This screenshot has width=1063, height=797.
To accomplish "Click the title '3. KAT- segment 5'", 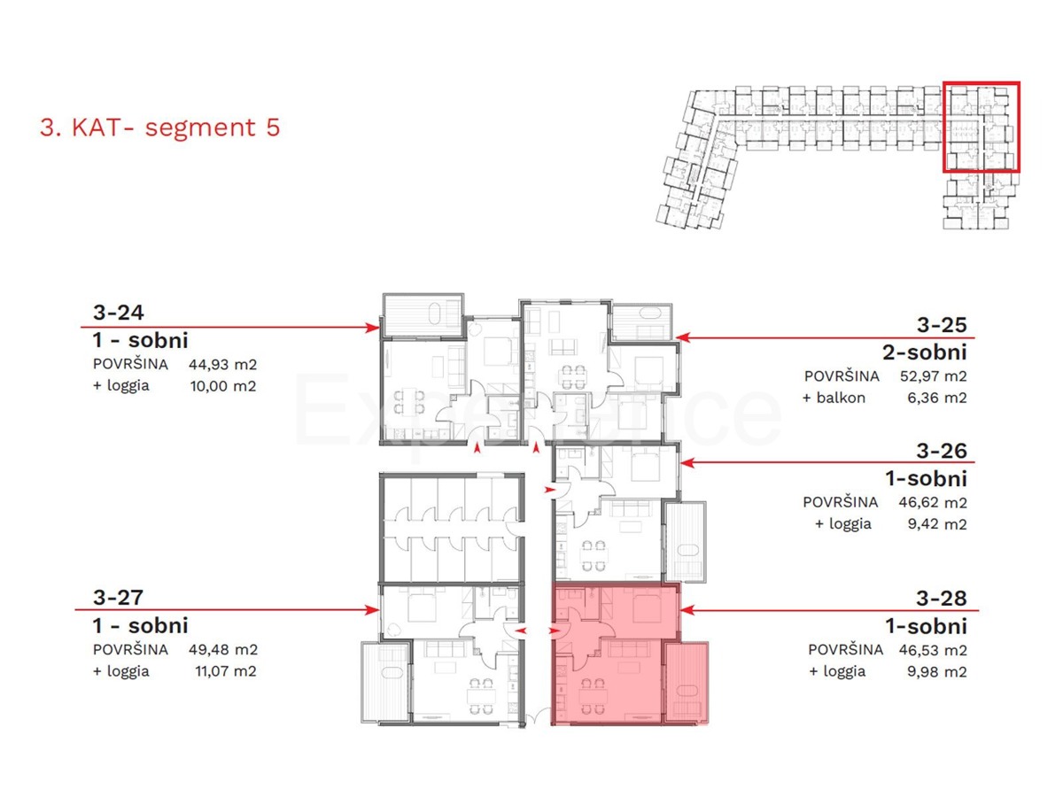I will (x=159, y=128).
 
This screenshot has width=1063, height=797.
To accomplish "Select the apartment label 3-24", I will (x=118, y=312).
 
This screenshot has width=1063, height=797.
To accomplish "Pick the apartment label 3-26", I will (x=942, y=451).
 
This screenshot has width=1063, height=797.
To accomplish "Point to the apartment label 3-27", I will (x=118, y=598).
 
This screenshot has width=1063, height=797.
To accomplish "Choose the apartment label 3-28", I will (x=942, y=598).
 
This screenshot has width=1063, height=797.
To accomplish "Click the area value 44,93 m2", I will (x=221, y=364).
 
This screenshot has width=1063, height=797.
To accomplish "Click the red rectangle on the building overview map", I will (x=982, y=126).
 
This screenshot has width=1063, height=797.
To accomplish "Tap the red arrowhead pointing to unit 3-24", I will (x=373, y=328).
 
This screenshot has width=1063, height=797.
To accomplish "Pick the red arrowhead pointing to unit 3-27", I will (x=373, y=609).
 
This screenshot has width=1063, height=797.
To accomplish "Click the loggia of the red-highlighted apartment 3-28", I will (x=687, y=682).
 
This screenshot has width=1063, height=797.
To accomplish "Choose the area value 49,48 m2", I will (x=221, y=649).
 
